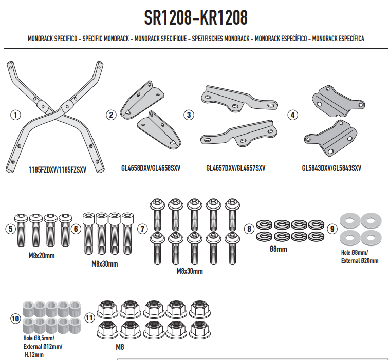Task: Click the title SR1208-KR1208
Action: [x=196, y=17]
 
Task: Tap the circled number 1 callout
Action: [x=15, y=115]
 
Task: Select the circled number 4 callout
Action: [x=293, y=115]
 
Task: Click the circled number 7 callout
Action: [x=142, y=229]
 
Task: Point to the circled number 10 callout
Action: [x=15, y=318]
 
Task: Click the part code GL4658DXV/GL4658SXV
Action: [x=151, y=168]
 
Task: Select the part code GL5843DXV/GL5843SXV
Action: [x=331, y=168]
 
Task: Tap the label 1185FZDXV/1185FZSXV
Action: [x=58, y=170]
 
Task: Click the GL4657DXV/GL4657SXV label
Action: [x=236, y=168]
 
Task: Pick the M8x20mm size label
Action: [x=42, y=256]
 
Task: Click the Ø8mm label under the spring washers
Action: [x=279, y=249]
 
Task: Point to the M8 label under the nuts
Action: [x=120, y=347]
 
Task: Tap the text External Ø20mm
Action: [x=360, y=260]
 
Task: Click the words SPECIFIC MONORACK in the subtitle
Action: [x=106, y=39]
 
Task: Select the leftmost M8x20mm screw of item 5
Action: [x=22, y=230]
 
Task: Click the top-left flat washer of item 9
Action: [x=350, y=220]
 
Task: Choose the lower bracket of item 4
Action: [x=330, y=138]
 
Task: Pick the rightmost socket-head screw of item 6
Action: [x=127, y=233]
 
